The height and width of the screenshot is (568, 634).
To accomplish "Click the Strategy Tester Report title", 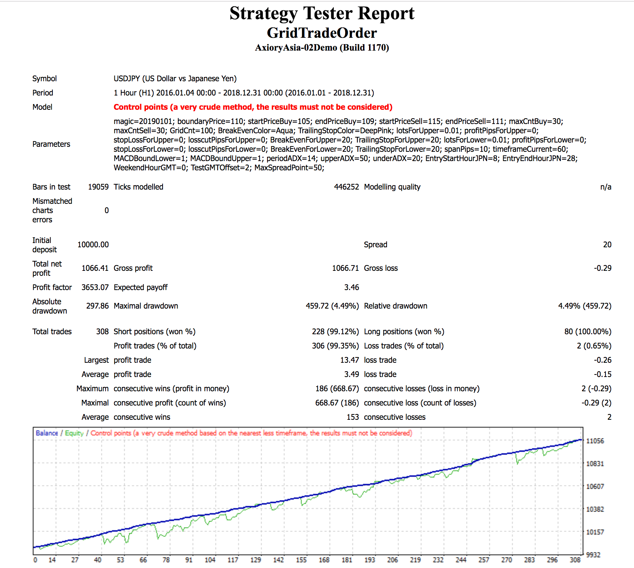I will click(x=322, y=14).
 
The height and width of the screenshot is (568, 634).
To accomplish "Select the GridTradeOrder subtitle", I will click(x=322, y=33).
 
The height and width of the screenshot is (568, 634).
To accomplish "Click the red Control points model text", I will click(x=253, y=107).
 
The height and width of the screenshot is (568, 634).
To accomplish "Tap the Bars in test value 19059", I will click(x=98, y=187).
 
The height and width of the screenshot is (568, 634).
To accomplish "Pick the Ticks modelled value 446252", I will click(x=346, y=187).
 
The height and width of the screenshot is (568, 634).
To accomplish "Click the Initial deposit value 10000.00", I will click(x=93, y=245).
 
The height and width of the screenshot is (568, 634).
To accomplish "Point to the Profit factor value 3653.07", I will click(x=95, y=288).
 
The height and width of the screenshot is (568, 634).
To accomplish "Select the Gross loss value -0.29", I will click(x=602, y=268).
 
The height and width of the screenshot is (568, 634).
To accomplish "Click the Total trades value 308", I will click(x=102, y=332).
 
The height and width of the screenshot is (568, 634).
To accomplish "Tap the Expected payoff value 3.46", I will click(x=352, y=288).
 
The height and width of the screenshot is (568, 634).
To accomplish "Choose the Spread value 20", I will click(x=607, y=245).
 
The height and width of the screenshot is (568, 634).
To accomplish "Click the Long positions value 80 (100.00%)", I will click(x=588, y=332).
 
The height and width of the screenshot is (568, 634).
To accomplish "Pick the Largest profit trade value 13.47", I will click(x=349, y=360).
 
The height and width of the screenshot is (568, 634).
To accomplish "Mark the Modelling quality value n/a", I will click(x=605, y=187).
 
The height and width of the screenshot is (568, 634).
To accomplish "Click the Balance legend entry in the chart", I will click(x=47, y=433).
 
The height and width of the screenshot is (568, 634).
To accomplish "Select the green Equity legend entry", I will click(x=74, y=433).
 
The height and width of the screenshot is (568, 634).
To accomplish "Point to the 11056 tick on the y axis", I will click(x=595, y=441).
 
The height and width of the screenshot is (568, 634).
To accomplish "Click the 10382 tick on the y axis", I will click(x=595, y=509).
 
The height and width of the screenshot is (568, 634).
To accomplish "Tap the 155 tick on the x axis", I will click(x=301, y=560).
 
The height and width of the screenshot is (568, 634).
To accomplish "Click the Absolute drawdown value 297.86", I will click(x=97, y=306).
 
